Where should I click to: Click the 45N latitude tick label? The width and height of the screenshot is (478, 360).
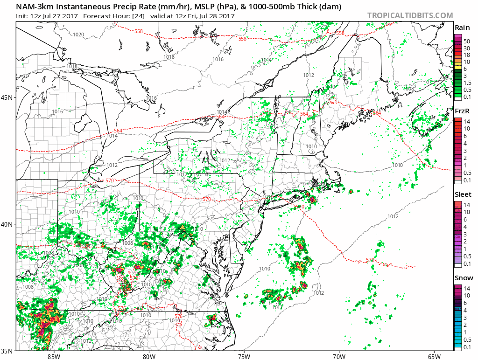7,97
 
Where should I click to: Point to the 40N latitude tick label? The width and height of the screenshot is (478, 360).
7,224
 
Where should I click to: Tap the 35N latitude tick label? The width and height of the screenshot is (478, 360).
7,351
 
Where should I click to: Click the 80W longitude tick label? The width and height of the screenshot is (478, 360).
149,356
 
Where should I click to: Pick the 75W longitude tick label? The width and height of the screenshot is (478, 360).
244,356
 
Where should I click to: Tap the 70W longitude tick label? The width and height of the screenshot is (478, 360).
339,356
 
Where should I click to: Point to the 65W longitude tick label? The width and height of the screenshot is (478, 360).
434,356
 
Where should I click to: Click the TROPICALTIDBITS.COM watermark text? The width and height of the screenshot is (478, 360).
410,15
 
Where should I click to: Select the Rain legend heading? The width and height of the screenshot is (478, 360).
462,28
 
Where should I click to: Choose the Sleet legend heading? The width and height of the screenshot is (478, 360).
463,194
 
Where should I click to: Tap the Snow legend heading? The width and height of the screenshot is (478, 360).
463,278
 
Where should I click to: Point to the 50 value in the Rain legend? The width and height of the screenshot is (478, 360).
466,41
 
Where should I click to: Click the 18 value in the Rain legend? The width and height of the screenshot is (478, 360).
466,55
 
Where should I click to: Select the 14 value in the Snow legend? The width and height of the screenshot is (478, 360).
466,288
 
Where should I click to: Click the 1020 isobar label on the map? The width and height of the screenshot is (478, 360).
78,35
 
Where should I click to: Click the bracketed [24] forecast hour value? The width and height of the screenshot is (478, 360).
139,16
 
